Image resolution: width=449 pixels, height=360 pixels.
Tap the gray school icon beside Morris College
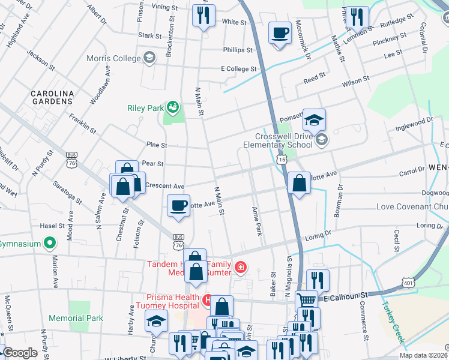149,58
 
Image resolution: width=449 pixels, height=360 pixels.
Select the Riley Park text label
145,109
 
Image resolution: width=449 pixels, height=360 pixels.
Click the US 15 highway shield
282,160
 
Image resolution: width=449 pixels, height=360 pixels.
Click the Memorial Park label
76,318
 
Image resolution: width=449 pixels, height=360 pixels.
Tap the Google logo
20,353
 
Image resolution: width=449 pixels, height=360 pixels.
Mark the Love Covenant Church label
412,207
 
